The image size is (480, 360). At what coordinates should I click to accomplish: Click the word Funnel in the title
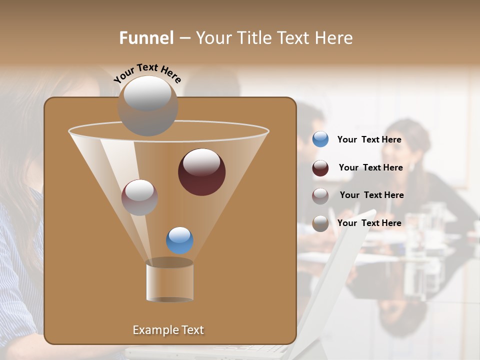[146, 38]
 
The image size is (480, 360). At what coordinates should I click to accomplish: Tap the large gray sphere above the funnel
[148, 106]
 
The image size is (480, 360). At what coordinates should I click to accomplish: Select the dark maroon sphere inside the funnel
[202, 172]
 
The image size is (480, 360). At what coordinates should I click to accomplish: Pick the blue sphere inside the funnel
[179, 240]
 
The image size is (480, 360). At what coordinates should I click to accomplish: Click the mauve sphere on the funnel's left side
[139, 197]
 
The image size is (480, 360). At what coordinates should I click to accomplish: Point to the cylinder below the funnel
[169, 282]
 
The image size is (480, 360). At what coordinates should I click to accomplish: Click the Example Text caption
[168, 330]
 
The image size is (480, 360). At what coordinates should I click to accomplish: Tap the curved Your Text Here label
[147, 72]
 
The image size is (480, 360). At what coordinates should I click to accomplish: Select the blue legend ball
[320, 139]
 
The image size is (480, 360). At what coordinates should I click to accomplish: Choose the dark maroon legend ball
[320, 168]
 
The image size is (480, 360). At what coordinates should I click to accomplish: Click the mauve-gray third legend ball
[320, 196]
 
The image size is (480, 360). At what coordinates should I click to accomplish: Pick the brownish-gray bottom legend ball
[320, 223]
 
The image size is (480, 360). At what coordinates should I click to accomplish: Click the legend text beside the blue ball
[369, 140]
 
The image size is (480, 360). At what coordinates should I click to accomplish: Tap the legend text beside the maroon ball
[370, 168]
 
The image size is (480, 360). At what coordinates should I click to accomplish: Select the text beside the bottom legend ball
[369, 223]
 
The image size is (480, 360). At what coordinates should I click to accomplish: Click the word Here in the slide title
[335, 38]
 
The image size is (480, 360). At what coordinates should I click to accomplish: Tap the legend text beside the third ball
[371, 195]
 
